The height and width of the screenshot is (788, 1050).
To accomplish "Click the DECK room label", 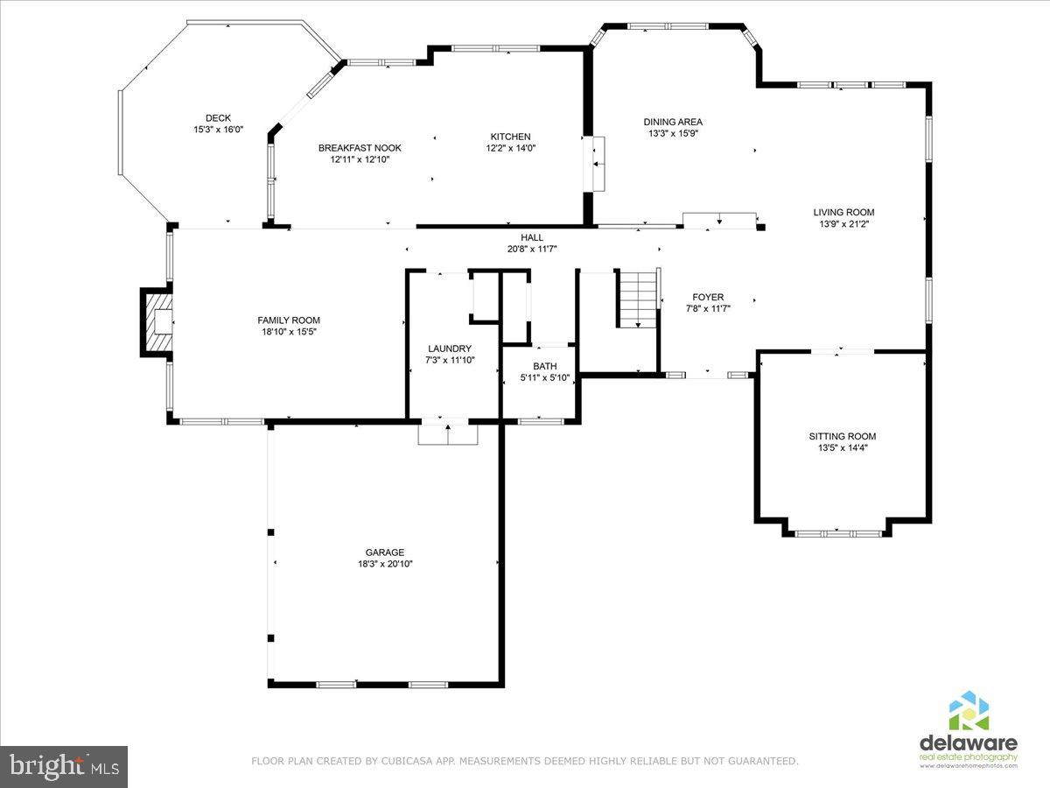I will tap(218, 118).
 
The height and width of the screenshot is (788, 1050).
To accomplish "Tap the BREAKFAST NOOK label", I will tap(360, 148).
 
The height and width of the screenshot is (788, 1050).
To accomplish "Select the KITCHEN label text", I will tap(510, 137).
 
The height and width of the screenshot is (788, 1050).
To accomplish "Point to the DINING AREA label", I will tap(673, 123).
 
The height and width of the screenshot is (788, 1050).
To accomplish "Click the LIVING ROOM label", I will tap(843, 212).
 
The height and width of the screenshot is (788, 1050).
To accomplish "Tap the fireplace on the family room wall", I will tap(157, 323).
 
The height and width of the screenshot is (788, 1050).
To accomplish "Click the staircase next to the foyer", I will tap(638, 299).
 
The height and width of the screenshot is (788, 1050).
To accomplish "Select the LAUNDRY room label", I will tap(450, 348).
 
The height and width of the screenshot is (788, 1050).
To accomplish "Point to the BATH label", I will tap(544, 367).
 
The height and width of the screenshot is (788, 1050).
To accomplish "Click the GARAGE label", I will tap(385, 552).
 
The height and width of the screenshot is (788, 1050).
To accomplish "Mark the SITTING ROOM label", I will tap(842, 436).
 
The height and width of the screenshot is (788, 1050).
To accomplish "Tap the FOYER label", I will tap(708, 298).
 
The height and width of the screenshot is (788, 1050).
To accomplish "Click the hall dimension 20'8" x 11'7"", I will tap(532, 249).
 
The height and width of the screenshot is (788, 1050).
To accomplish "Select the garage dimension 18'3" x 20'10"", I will tap(385, 564).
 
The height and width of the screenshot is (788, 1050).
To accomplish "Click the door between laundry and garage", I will tap(448, 432).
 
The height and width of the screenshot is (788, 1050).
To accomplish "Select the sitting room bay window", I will tap(838, 531).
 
